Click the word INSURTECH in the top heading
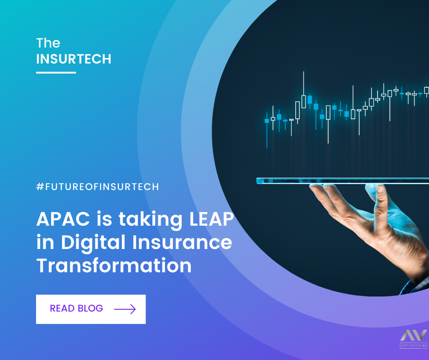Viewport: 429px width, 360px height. [73, 59]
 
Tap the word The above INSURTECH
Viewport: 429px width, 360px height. [48, 43]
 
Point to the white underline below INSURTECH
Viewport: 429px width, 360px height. [56, 72]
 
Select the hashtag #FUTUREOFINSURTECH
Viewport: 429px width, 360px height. [97, 187]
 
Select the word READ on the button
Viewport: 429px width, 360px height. [62, 308]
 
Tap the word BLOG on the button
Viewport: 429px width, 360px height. [90, 308]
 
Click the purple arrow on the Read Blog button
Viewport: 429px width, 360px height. [125, 309]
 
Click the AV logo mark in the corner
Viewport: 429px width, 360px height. [413, 335]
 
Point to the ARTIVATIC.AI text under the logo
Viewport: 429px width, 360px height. [413, 345]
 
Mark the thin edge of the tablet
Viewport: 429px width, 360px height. [342, 180]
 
